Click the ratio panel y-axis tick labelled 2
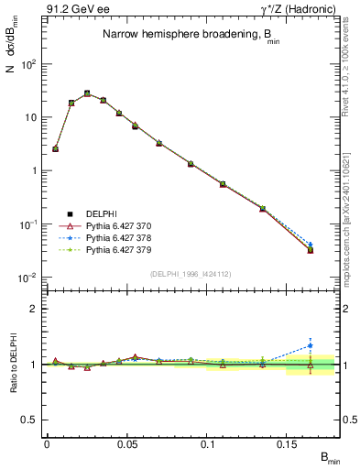pyautogui.click(x=34, y=309)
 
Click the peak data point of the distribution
pyautogui.click(x=87, y=93)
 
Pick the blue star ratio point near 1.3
pyautogui.click(x=311, y=346)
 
